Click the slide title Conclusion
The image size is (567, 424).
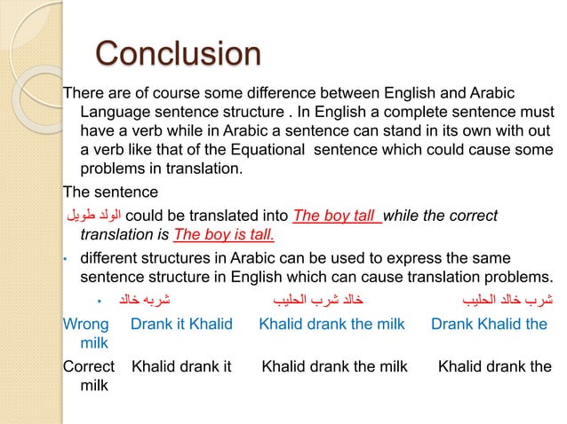[x=178, y=54]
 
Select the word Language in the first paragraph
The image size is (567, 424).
[x=116, y=113]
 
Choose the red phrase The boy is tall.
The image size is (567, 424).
[x=224, y=234]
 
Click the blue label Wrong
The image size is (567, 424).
[x=86, y=324]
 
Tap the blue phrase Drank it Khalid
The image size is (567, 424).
[x=180, y=324]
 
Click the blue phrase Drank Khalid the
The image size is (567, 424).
[x=489, y=324]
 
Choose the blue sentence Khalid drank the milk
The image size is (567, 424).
[x=331, y=324]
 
